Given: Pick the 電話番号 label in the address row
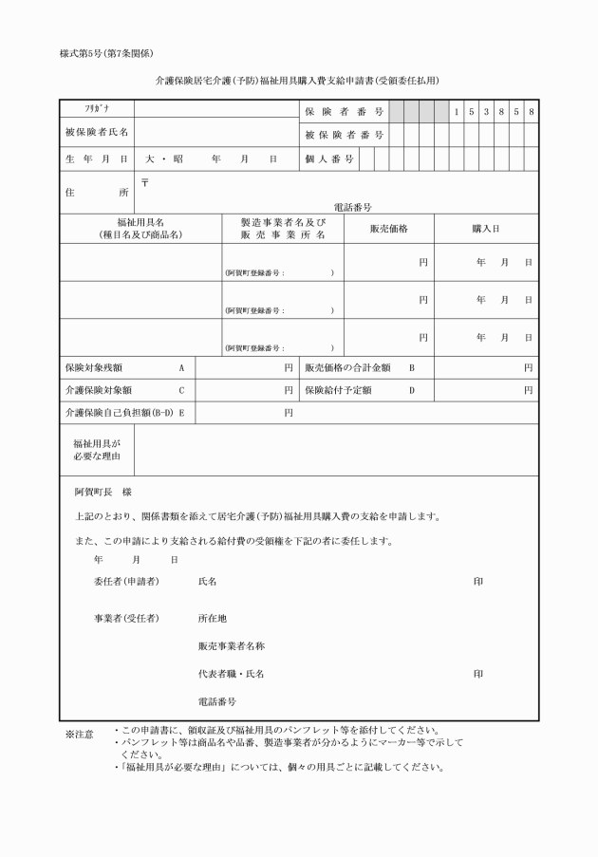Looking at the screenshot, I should point(352,206).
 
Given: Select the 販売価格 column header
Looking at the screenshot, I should point(388,228).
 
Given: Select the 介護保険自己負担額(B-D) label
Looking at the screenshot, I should point(119,413).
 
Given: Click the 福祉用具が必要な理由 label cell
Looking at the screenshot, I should point(97,449).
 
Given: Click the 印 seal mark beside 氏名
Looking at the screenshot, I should point(478,580).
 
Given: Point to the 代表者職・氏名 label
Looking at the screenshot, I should point(231,674).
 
